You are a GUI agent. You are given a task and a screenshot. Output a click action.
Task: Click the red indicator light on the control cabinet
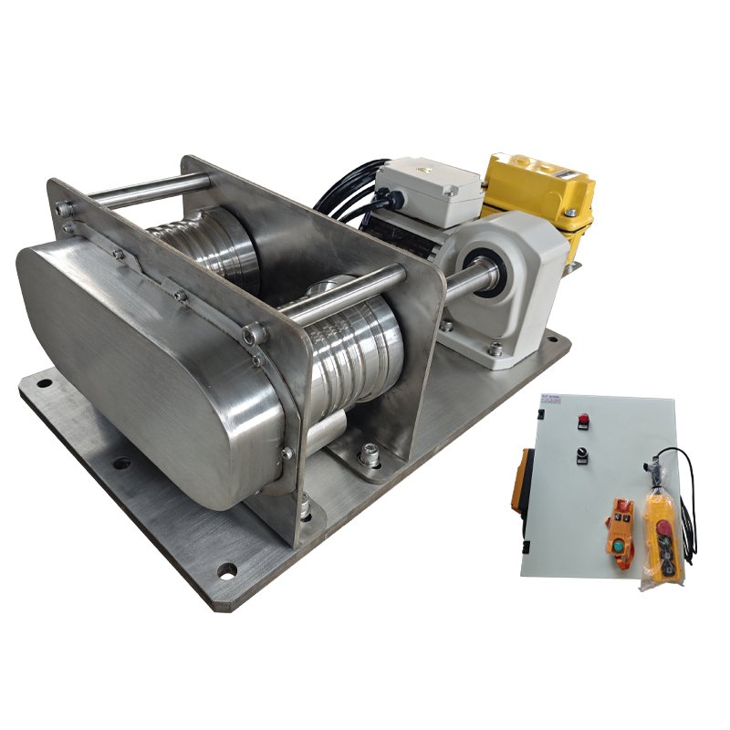pos(583,421)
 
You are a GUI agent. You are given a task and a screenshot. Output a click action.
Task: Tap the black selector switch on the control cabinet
pos(580,454)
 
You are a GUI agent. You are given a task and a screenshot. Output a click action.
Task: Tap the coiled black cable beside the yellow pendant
pos(686,511)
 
